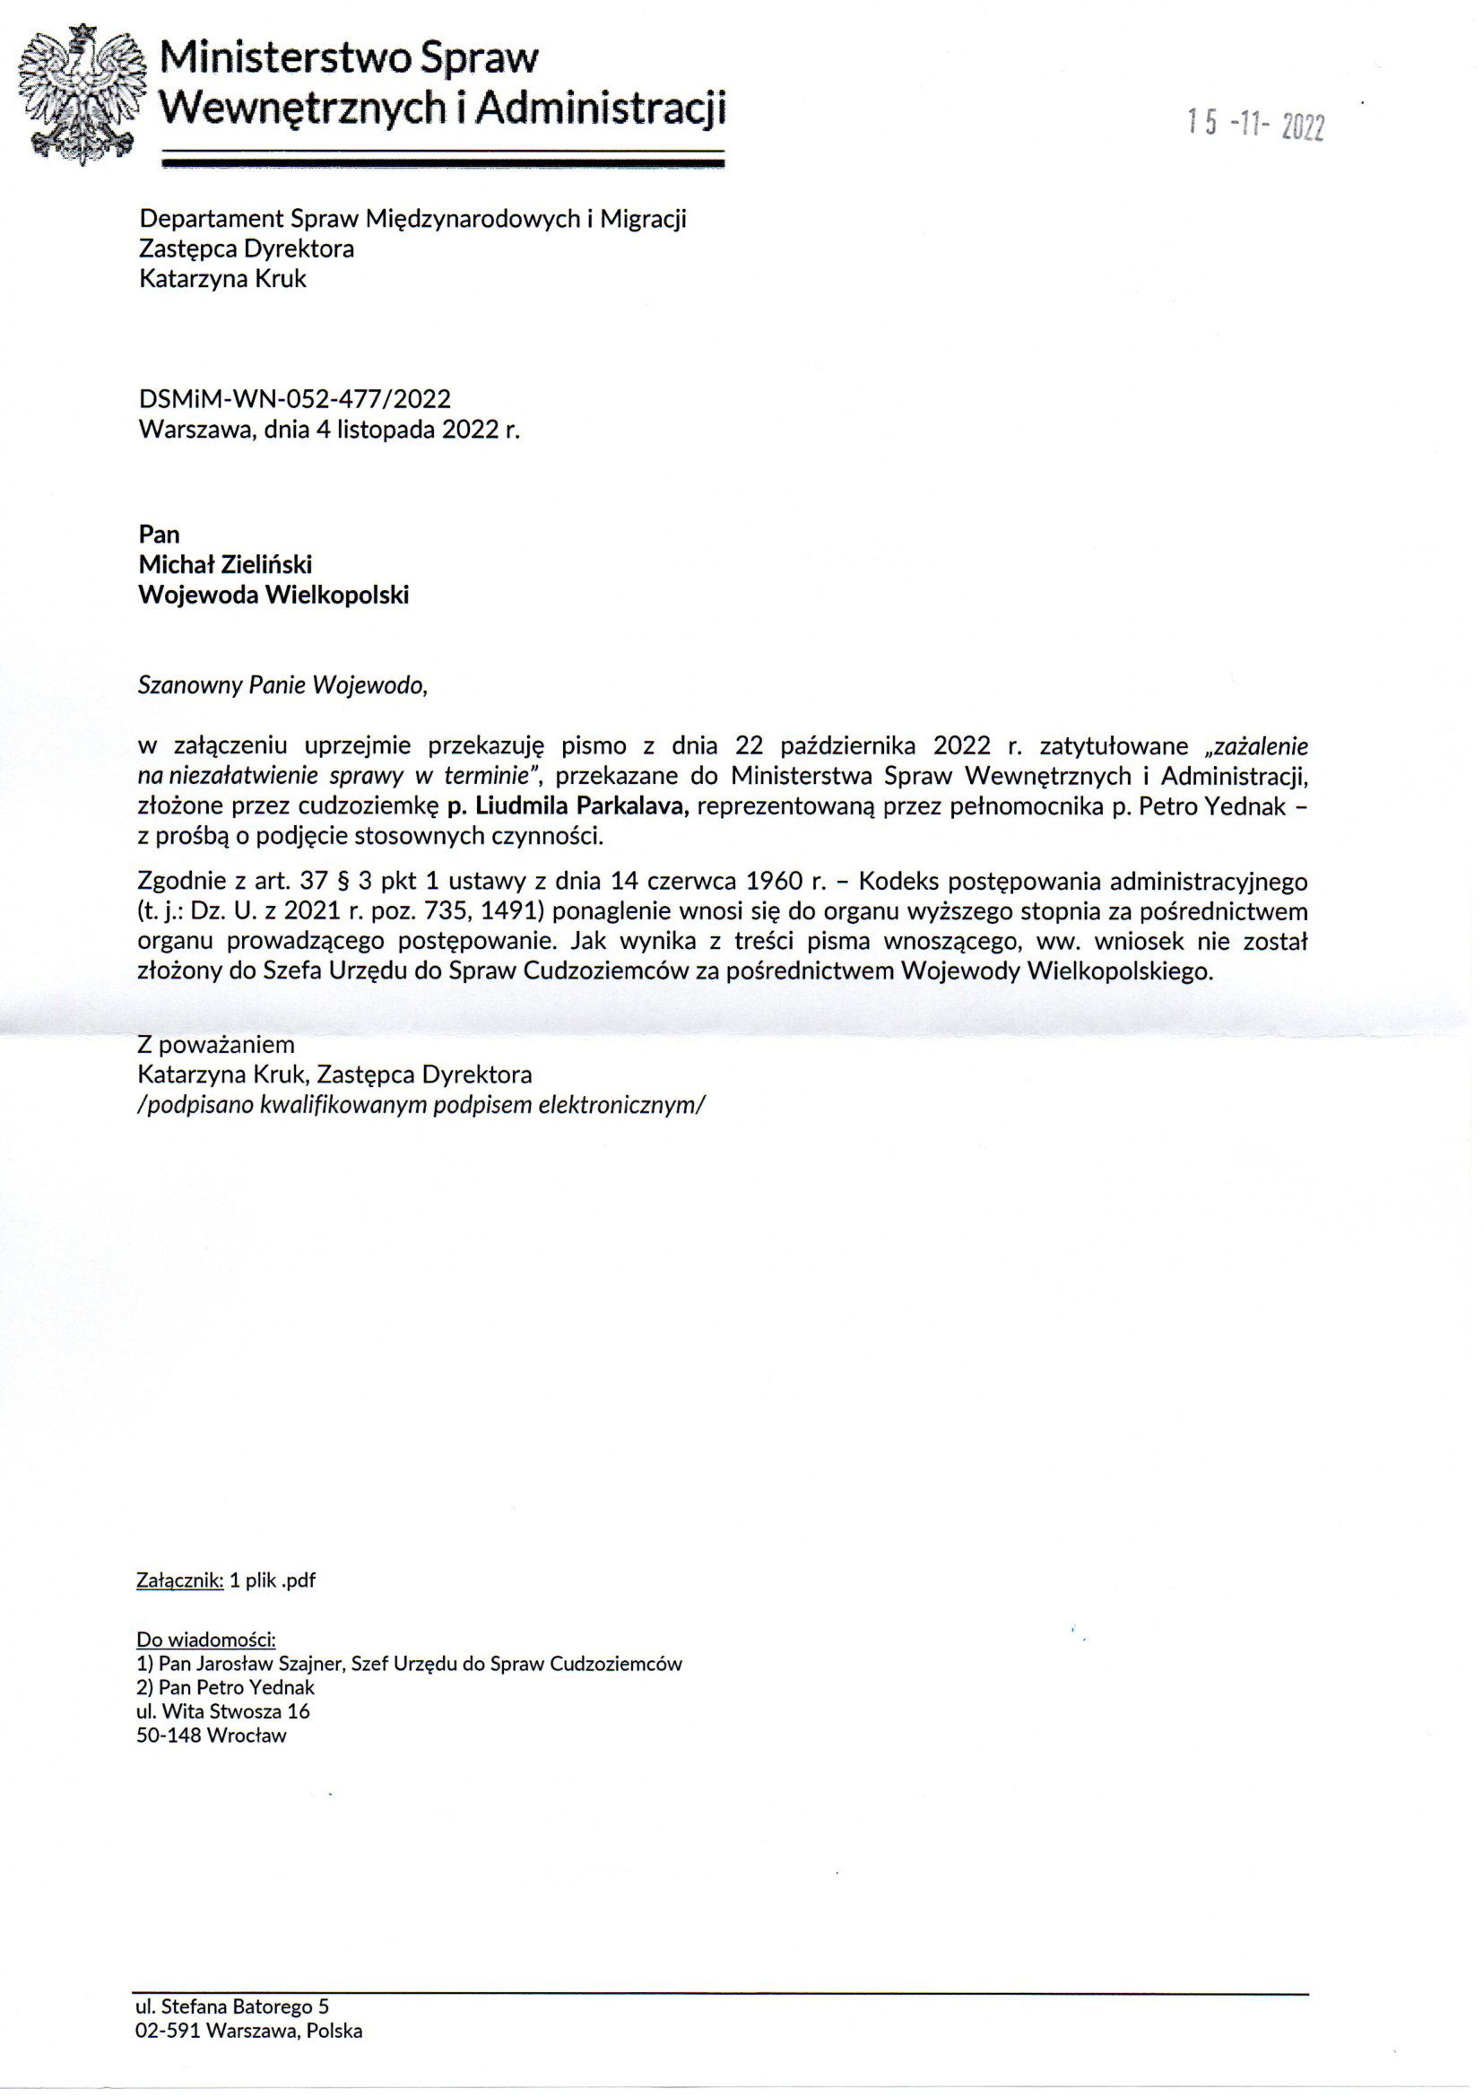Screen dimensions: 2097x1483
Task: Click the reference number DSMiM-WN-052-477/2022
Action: click(x=294, y=399)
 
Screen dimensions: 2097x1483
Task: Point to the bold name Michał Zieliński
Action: click(x=225, y=564)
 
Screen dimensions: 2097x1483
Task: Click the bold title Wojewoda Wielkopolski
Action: click(x=273, y=596)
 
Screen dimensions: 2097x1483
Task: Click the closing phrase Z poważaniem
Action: click(x=215, y=1044)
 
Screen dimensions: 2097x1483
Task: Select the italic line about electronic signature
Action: click(x=421, y=1105)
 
